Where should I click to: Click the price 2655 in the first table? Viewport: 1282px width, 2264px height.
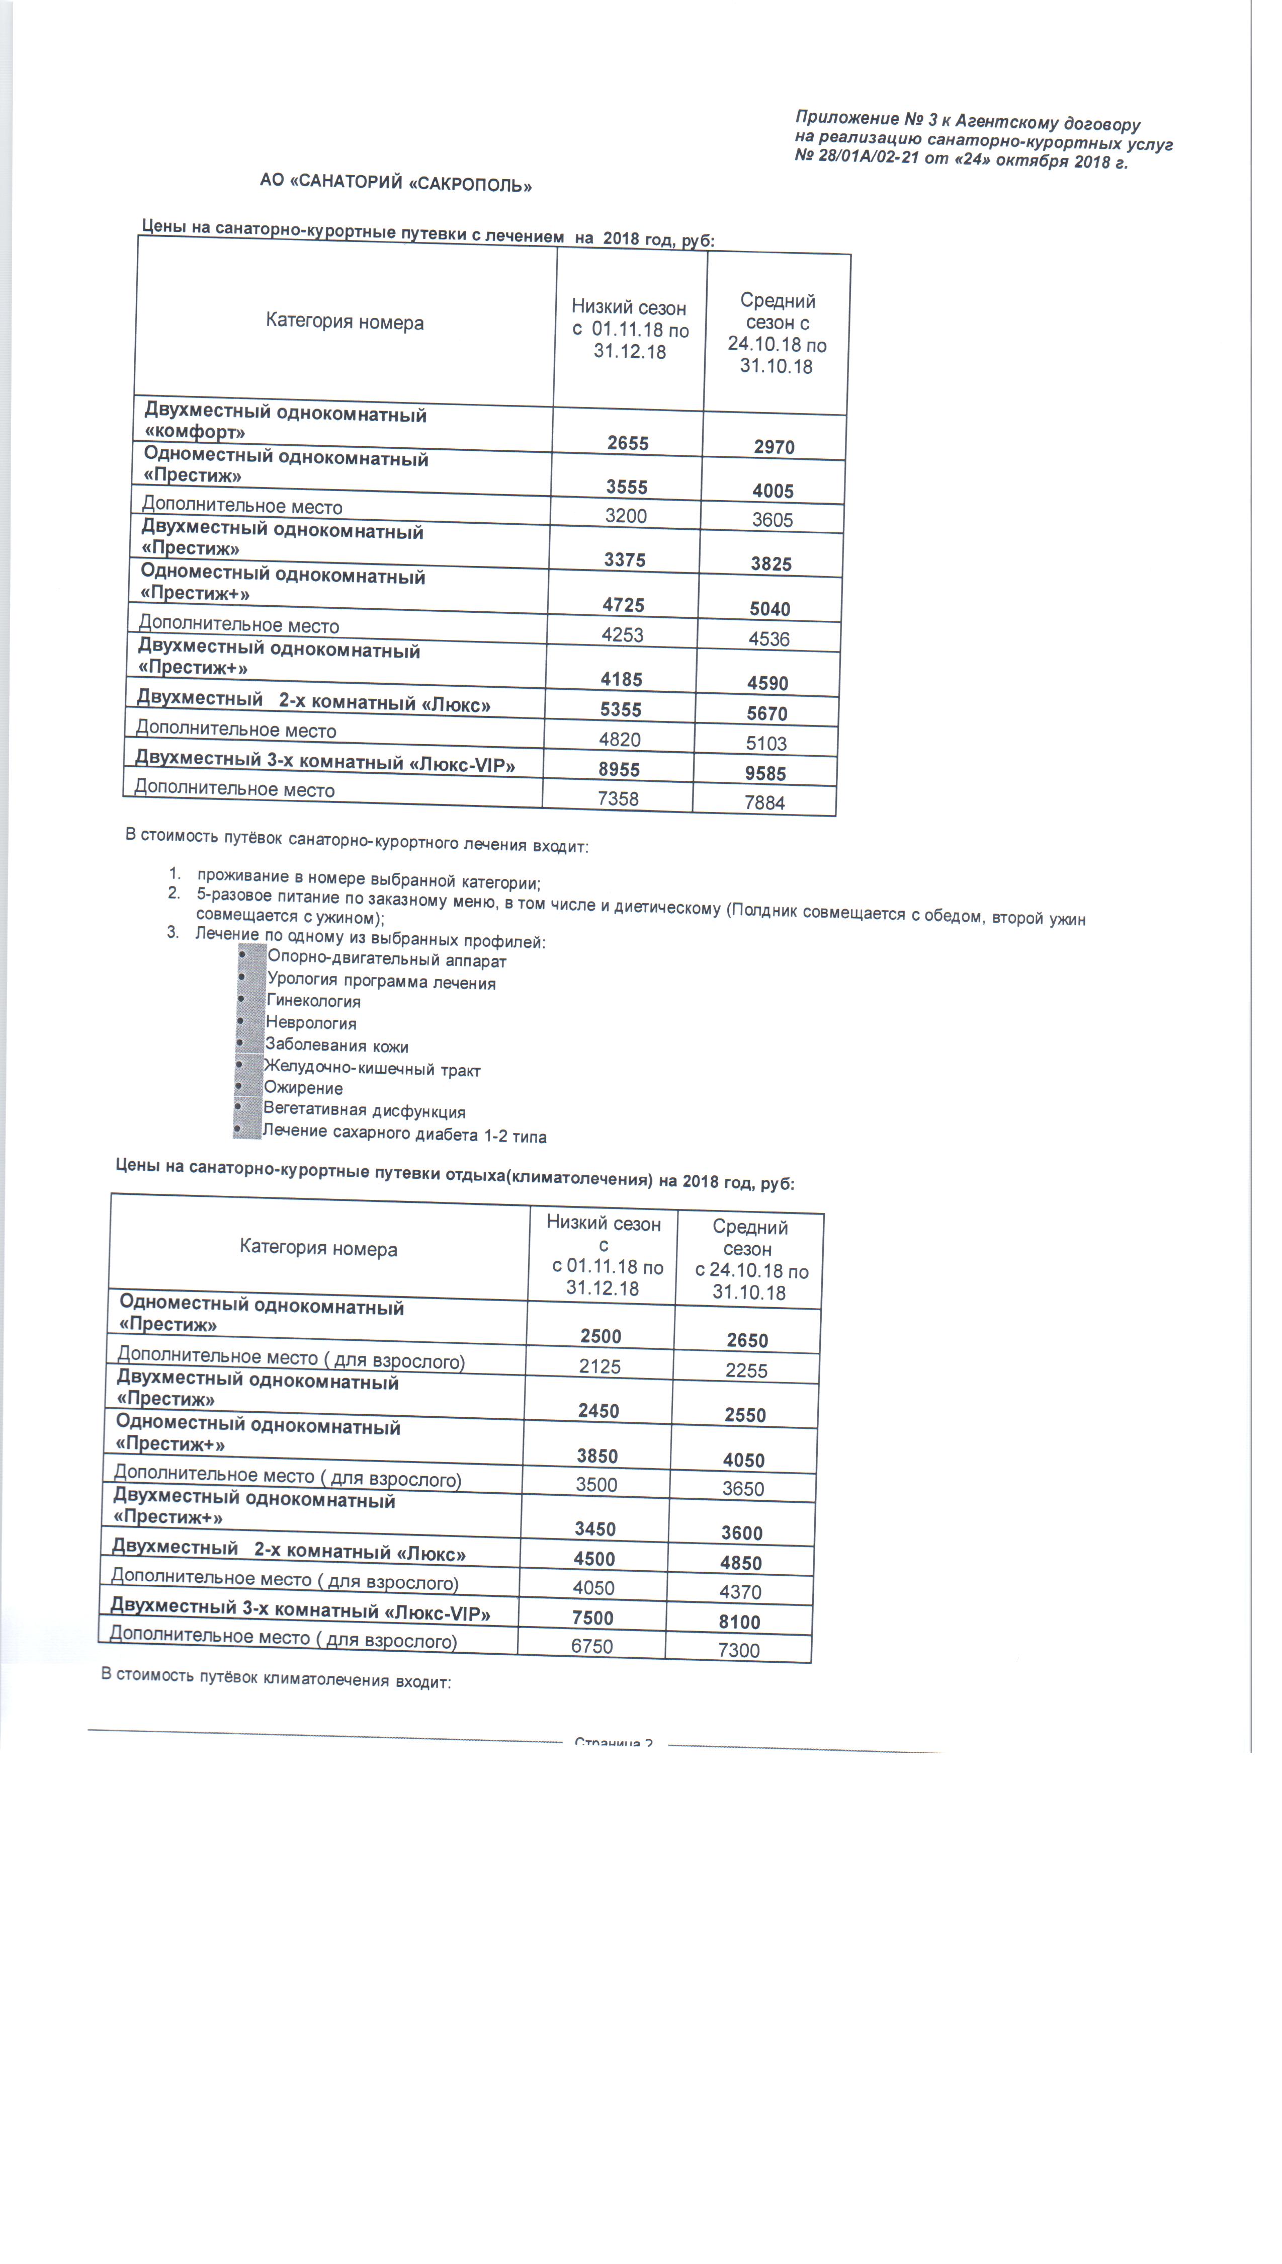628,443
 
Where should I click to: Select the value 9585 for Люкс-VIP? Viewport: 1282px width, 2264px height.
764,773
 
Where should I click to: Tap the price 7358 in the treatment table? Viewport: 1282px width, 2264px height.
618,799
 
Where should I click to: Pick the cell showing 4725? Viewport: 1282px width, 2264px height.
623,605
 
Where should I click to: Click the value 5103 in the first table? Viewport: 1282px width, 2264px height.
766,743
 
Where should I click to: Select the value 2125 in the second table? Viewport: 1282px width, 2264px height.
600,1366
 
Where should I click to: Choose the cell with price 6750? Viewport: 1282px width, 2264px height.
591,1646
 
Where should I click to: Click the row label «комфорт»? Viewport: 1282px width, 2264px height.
195,432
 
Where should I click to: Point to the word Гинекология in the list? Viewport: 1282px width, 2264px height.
313,1001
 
